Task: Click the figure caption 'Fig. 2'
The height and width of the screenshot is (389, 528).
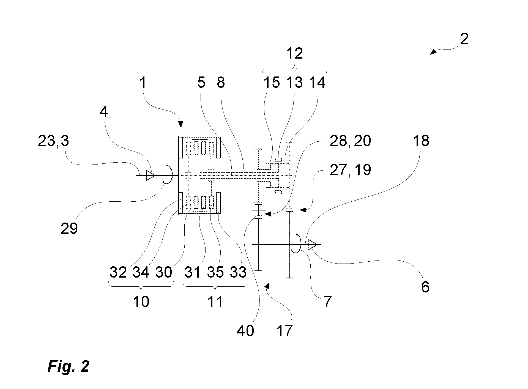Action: tap(69, 366)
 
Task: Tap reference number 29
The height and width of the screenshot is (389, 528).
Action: tap(69, 228)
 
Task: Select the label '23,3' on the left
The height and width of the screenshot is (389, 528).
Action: tap(53, 141)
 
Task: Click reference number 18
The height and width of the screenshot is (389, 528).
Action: tap(421, 141)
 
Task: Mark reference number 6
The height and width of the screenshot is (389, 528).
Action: tap(425, 287)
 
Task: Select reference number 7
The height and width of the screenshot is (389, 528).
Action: tap(327, 302)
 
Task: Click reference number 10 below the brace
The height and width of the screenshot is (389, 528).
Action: tap(141, 302)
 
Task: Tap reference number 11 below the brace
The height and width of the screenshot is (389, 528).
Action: tap(215, 302)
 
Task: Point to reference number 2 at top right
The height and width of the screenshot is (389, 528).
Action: tap(464, 39)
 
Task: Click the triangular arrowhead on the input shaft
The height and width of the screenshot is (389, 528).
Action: tap(151, 175)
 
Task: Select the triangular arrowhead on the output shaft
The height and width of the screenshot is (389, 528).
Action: tap(313, 245)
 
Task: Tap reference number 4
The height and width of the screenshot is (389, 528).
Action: tap(103, 112)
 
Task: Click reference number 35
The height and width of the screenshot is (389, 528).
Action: tap(215, 272)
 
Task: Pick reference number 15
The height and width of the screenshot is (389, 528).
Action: tap(272, 82)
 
